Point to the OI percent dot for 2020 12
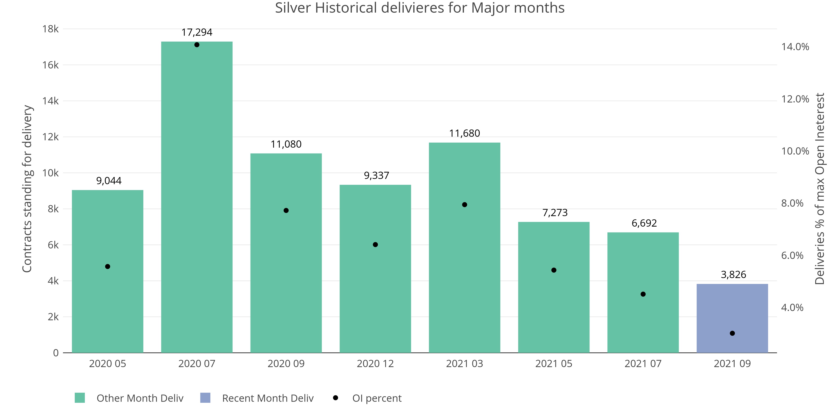click(375, 245)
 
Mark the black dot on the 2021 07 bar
click(643, 294)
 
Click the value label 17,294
click(197, 32)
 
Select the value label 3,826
click(733, 274)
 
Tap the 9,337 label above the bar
click(377, 175)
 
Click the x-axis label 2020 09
click(286, 364)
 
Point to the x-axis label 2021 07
click(643, 364)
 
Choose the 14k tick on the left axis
click(51, 101)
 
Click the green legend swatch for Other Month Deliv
click(80, 398)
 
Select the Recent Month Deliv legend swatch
click(205, 398)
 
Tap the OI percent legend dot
click(335, 398)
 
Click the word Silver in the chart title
click(293, 8)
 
